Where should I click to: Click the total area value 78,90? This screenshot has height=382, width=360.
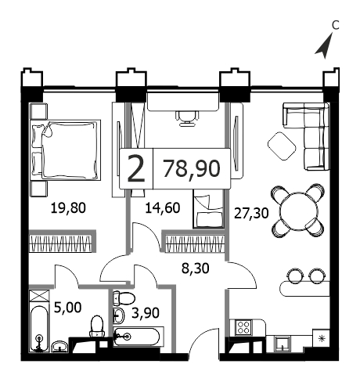191,168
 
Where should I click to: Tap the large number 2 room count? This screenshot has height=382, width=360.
136,168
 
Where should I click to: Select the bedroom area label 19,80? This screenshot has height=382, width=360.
68,208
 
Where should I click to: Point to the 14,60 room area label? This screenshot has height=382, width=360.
163,208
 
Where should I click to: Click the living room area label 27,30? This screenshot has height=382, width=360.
251,213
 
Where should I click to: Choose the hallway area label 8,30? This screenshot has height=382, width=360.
196,268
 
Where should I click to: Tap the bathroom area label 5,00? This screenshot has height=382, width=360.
67,308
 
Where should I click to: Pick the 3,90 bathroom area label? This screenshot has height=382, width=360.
146,313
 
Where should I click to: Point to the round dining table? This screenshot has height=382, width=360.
298,211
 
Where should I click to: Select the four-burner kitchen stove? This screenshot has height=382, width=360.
243,327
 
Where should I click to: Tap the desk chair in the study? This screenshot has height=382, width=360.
187,119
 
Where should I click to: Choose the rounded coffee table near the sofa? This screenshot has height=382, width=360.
282,146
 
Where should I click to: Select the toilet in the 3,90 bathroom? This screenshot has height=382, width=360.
124,297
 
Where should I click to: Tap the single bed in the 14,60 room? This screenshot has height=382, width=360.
208,209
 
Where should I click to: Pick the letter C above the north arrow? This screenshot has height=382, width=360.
335,25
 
